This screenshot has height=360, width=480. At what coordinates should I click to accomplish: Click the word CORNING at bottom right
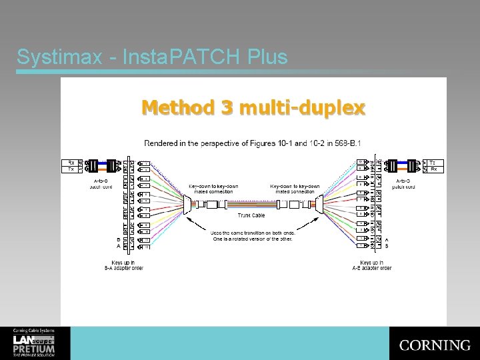pos(435,345)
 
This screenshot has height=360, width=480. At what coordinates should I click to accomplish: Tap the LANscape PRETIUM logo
pos(33,343)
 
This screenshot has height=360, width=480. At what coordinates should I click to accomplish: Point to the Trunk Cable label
pos(251,215)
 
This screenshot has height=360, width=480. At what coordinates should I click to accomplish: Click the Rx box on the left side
pos(71,162)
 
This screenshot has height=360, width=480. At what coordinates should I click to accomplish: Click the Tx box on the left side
pos(71,169)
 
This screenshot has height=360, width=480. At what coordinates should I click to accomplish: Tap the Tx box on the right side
pos(433,162)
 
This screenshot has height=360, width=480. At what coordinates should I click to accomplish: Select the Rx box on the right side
pos(433,169)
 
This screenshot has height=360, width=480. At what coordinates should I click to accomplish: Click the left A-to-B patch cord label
pos(101,183)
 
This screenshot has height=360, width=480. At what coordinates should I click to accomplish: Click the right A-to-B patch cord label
pos(404,183)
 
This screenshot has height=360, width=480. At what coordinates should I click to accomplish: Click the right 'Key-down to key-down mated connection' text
pos(295,189)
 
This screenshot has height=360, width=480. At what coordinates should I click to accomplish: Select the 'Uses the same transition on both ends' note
pos(251,235)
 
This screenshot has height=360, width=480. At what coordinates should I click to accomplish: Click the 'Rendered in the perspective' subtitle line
pos(252,143)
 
